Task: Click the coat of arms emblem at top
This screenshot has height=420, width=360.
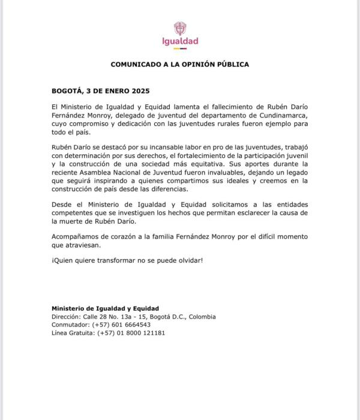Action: [x=180, y=28]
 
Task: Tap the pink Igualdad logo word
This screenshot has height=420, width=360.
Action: [x=180, y=41]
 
